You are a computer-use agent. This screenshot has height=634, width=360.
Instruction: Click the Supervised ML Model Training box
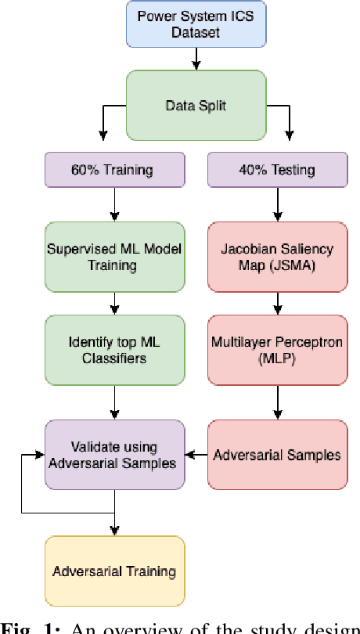pos(115,257)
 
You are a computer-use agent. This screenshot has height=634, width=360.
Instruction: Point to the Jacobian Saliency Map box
pos(277,257)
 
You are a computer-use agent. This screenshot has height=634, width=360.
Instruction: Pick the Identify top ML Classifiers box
pos(115,349)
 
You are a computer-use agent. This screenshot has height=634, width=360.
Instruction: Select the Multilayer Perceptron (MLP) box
pos(277,349)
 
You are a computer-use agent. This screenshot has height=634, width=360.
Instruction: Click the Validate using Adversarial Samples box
pos(115,455)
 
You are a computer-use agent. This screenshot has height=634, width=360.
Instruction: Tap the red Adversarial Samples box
pos(277,454)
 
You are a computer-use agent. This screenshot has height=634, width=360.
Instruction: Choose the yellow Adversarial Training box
pos(115,571)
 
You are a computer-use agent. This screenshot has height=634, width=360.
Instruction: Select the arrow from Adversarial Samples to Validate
pos(196,454)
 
